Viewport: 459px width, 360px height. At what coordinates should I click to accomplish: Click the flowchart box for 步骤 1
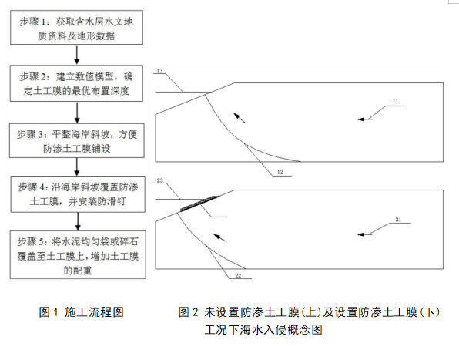click(77, 28)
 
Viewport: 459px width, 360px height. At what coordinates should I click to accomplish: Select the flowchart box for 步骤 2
click(77, 83)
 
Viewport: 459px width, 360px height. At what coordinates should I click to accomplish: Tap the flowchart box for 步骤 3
click(77, 140)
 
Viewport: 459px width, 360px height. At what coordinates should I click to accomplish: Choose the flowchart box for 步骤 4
click(78, 194)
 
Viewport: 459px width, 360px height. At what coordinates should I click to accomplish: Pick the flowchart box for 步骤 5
click(78, 254)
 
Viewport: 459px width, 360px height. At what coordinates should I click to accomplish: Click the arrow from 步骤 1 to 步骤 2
click(77, 55)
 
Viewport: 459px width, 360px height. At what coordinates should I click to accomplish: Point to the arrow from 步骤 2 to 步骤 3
click(77, 113)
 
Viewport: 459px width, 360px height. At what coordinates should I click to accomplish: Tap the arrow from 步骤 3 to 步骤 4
click(77, 167)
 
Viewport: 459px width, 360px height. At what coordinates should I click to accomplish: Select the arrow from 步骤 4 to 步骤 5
click(78, 221)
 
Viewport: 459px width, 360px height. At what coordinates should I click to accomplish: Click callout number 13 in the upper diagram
click(160, 71)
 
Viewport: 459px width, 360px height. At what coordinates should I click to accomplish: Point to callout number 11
click(396, 101)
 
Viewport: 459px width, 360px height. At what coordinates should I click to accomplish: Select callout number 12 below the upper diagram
click(280, 172)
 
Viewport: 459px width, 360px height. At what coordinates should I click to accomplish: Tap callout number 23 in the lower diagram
click(160, 180)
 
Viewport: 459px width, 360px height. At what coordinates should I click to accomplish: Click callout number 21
click(398, 220)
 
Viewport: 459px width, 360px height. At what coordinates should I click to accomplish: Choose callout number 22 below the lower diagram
click(238, 276)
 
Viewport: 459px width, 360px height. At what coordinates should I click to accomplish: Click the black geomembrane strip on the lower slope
click(199, 203)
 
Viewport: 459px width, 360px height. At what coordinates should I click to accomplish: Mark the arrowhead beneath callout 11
click(361, 119)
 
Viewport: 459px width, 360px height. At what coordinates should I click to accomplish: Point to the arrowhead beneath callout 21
click(361, 234)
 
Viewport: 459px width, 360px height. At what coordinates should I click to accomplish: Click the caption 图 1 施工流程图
click(82, 312)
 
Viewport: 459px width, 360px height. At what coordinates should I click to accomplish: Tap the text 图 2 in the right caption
click(189, 312)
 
